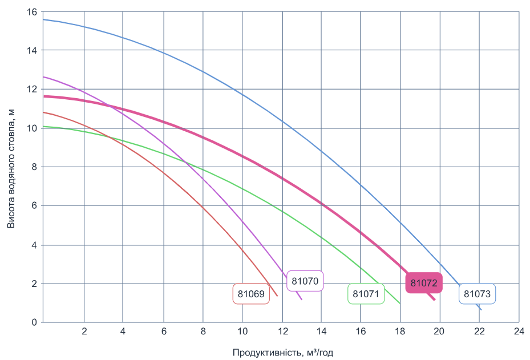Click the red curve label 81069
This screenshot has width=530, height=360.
tap(251, 294)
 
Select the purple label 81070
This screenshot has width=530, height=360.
tap(305, 281)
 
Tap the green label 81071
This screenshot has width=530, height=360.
tap(366, 294)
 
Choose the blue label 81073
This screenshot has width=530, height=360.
tap(478, 294)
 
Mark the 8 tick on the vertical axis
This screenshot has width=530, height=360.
tap(34, 167)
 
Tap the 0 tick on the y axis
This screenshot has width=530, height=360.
tap(34, 322)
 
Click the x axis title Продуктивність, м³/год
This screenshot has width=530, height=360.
tap(282, 353)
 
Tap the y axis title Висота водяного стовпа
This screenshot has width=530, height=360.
tap(11, 167)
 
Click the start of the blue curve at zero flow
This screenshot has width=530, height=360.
tap(44, 19)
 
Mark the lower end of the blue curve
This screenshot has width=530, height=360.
tap(481, 310)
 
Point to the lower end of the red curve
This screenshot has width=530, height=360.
tap(277, 296)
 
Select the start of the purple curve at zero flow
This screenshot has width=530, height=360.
tap(44, 76)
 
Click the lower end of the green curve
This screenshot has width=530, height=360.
tap(400, 304)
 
